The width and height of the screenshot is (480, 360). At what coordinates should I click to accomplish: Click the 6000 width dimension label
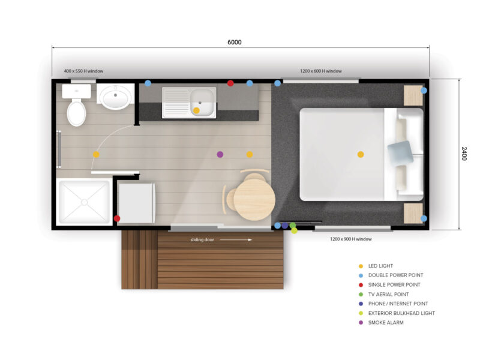coord(234,42)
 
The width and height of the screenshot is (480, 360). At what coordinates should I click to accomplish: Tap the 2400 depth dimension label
coord(464,154)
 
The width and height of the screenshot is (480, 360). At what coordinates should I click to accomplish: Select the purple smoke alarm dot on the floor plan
coord(220,154)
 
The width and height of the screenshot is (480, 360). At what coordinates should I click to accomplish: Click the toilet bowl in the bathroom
coord(76,113)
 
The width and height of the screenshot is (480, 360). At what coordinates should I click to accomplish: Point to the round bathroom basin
coord(115,97)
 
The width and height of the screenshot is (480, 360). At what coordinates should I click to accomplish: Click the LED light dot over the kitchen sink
coord(196,110)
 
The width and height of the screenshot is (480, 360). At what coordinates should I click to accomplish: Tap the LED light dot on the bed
coord(361,154)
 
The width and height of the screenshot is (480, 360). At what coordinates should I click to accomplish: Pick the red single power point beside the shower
coord(117,218)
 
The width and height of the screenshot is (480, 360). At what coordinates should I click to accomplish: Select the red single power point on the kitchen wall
coord(230,83)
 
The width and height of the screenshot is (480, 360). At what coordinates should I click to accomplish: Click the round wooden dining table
coord(254,200)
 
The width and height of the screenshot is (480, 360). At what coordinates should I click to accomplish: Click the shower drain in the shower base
coord(84,202)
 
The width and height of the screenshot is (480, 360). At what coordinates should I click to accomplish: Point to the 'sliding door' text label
coord(202,239)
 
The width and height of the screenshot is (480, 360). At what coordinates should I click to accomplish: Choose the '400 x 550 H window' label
coord(83,71)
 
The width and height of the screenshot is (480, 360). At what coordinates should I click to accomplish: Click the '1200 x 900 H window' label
coord(351,239)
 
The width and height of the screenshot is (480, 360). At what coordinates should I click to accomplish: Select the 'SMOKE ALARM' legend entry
coord(386,323)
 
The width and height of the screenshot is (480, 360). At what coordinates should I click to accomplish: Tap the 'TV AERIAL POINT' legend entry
coord(388,295)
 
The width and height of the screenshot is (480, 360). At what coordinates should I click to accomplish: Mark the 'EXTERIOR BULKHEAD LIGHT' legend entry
coord(401,313)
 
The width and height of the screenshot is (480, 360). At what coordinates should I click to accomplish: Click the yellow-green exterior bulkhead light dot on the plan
coord(294,230)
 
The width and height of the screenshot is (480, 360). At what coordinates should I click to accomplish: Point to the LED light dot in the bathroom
coord(96,154)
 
